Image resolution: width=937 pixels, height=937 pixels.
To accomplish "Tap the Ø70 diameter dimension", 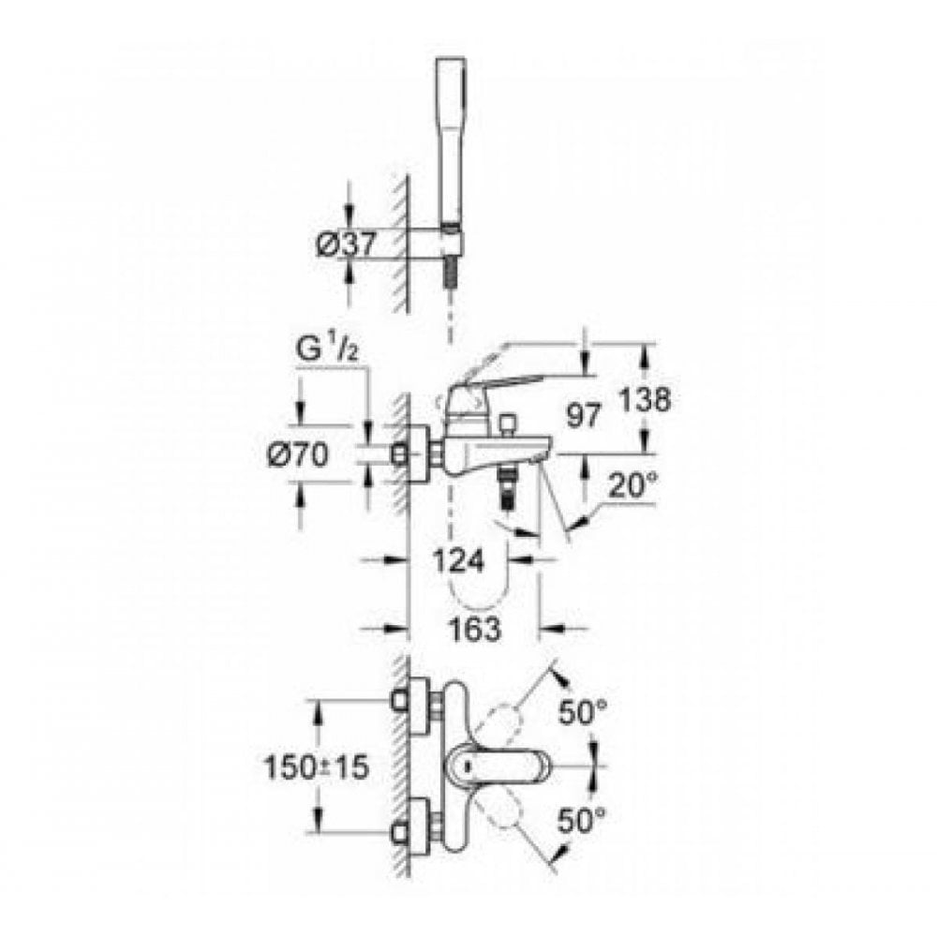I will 295,456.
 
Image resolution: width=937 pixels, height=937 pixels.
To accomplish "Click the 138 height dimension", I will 645,400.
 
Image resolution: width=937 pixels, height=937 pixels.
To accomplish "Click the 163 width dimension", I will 474,630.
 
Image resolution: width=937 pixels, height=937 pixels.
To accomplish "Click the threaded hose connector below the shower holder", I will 454,266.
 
